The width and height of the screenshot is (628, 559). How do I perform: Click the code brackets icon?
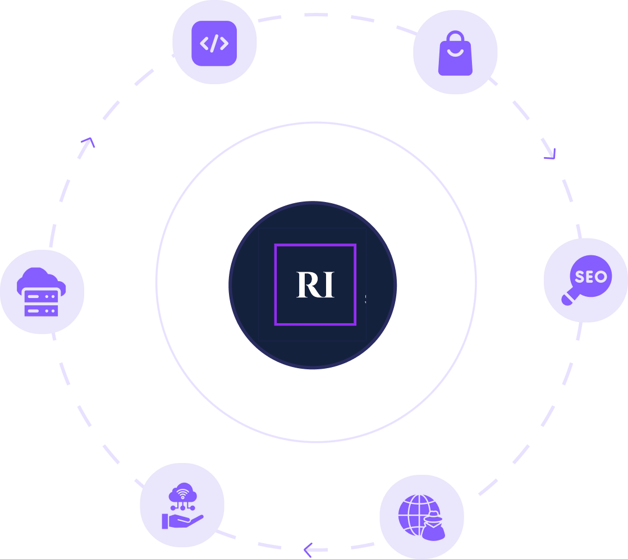[214, 43]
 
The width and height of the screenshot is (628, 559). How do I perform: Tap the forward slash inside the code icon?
[214, 43]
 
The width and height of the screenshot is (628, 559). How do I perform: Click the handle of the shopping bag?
[455, 36]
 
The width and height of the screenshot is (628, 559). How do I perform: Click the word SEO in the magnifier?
[591, 276]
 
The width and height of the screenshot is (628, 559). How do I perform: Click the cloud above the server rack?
[40, 279]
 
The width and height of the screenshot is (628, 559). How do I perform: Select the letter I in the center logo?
[328, 285]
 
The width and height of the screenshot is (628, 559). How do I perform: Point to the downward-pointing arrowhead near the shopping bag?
[552, 153]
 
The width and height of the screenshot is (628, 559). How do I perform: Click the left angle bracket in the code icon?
[204, 43]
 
